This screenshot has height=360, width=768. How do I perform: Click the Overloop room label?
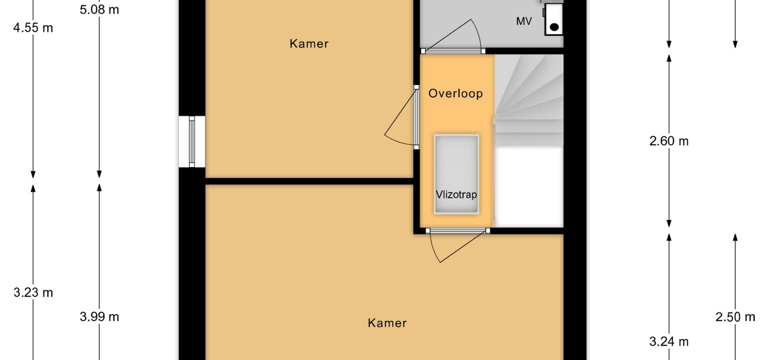tap(456, 94)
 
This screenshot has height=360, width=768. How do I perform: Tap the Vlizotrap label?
tap(456, 195)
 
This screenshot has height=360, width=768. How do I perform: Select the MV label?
tap(524, 21)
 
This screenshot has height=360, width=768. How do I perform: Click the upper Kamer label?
tap(309, 44)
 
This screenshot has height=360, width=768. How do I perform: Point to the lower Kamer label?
tap(387, 323)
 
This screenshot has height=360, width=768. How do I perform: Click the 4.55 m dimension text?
tap(33, 28)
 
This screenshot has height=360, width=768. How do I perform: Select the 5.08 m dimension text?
tap(99, 10)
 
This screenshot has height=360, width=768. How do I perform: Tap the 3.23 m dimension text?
tap(33, 293)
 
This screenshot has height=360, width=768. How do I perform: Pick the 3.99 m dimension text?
tap(99, 317)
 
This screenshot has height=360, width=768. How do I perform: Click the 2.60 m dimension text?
tap(669, 141)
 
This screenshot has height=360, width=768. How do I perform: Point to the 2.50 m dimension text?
tap(735, 317)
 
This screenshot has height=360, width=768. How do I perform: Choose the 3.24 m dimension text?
tap(669, 342)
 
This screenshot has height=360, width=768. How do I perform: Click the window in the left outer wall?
tap(192, 142)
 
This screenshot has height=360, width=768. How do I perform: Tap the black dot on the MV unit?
tap(554, 27)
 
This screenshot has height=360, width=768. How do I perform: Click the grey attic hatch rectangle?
tap(456, 174)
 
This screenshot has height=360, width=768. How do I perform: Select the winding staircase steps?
tap(529, 100)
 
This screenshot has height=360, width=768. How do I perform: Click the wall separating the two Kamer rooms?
tap(309, 181)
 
